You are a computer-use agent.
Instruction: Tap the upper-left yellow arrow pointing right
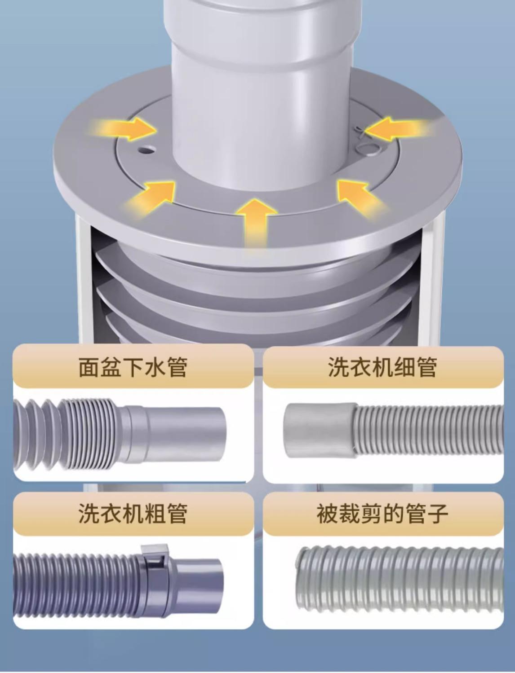pyautogui.click(x=123, y=129)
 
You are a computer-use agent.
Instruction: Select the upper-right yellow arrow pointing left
pyautogui.click(x=398, y=128)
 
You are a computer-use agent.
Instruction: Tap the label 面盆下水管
pyautogui.click(x=133, y=367)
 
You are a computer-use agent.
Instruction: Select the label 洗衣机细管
pyautogui.click(x=382, y=367)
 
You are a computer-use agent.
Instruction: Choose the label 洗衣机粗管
pyautogui.click(x=133, y=513)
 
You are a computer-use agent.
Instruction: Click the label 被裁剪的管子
pyautogui.click(x=382, y=513)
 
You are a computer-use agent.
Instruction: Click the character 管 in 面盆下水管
pyautogui.click(x=177, y=367)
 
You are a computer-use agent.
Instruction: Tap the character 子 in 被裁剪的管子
pyautogui.click(x=437, y=513)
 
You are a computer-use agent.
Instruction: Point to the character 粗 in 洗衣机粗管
pyautogui.click(x=155, y=513)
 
